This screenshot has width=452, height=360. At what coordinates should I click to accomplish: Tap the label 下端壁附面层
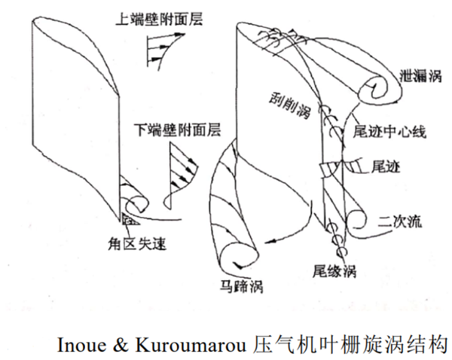pyautogui.click(x=170, y=129)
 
